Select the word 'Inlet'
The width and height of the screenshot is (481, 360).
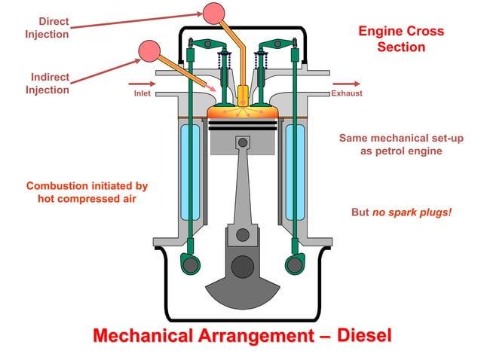click(x=142, y=93)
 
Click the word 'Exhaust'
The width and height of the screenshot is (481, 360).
click(x=346, y=93)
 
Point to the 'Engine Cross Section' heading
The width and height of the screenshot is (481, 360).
click(x=400, y=39)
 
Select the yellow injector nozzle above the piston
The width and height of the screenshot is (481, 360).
click(x=243, y=96)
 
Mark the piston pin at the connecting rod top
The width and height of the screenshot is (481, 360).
click(x=242, y=141)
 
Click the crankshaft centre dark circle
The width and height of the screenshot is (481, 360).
click(x=242, y=266)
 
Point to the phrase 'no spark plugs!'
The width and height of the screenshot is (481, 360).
click(x=412, y=212)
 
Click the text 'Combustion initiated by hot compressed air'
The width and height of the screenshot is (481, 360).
click(x=87, y=192)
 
